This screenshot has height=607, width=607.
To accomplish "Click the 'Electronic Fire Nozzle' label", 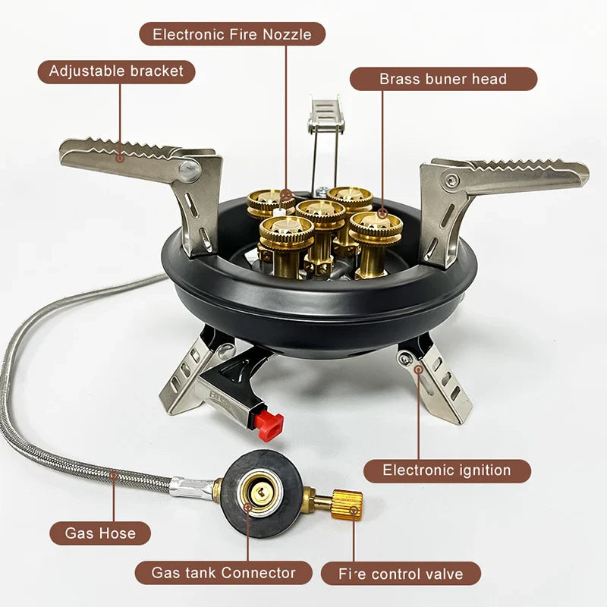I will click(232, 34).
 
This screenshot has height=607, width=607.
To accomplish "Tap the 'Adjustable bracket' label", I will click(116, 71).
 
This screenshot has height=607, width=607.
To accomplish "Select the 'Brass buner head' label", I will click(443, 79).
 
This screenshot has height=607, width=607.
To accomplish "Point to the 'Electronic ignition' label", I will click(447, 470).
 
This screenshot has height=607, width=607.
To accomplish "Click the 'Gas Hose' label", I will click(100, 533).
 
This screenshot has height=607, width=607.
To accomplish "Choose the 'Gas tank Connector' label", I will click(224, 573).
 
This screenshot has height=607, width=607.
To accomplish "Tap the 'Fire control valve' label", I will click(401, 573).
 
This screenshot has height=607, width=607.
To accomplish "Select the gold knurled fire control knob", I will click(347, 501).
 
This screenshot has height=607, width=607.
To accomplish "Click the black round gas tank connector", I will click(259, 494).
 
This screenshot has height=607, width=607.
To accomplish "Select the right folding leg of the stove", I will click(440, 379).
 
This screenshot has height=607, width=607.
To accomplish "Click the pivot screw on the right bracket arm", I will click(453, 181).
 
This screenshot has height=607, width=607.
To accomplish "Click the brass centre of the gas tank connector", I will click(259, 494).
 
